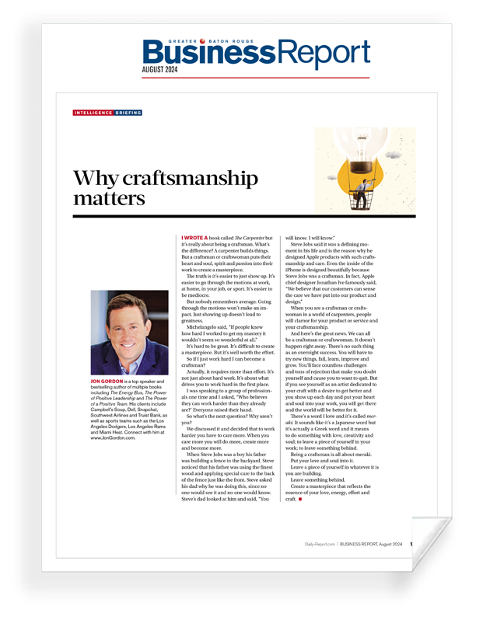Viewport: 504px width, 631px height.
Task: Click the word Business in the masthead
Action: click(198, 52)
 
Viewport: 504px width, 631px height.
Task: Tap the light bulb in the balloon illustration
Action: click(361, 148)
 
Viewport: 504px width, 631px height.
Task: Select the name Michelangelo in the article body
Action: click(205, 329)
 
